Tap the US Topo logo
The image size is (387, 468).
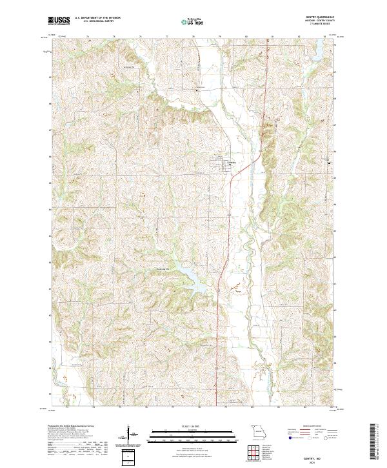pos(192,21)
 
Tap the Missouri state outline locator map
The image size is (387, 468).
pos(258,431)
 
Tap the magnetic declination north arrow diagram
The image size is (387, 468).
pos(129,435)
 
